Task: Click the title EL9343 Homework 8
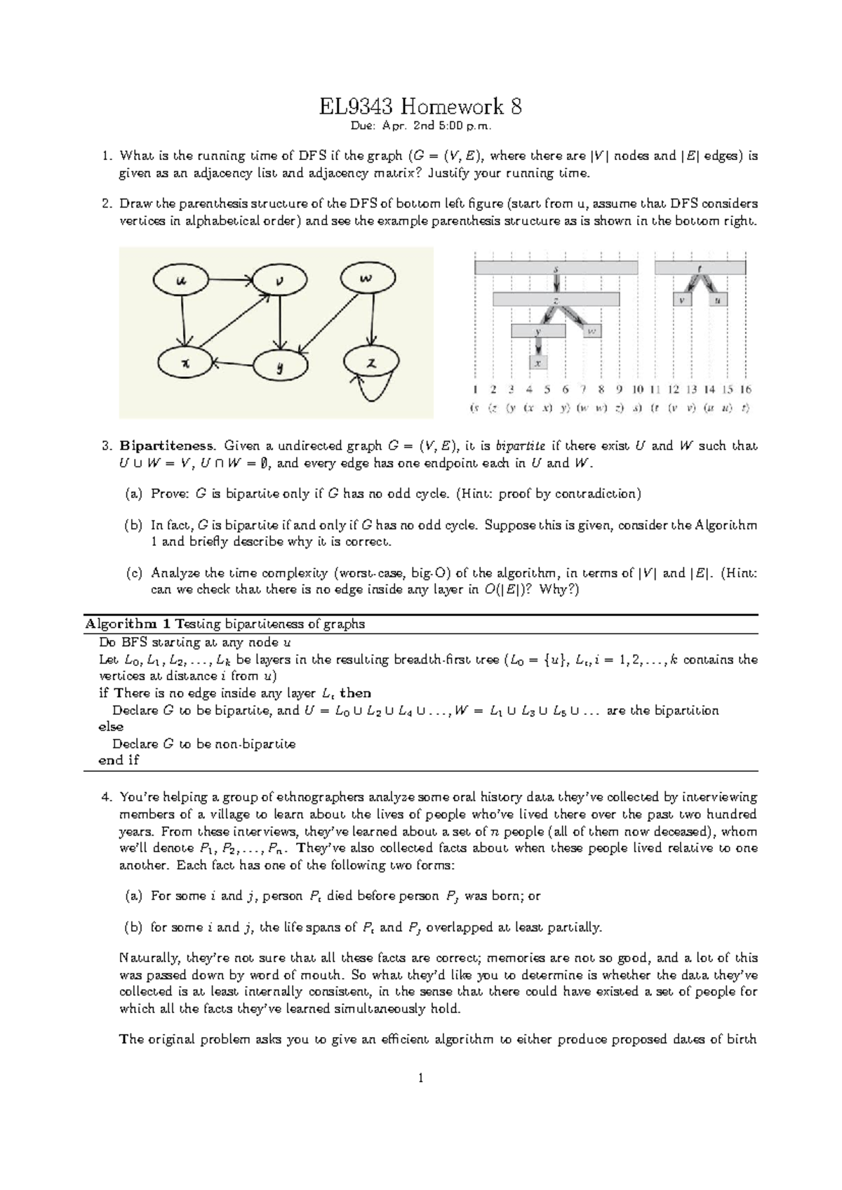(420, 107)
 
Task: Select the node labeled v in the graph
(280, 281)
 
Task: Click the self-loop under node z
(372, 390)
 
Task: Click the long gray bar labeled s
(556, 267)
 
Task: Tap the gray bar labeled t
(700, 267)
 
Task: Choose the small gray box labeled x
(538, 363)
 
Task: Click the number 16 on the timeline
(745, 389)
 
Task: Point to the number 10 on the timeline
(637, 389)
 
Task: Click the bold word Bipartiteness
(166, 446)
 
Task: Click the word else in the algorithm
(111, 727)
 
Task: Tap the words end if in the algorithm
(119, 761)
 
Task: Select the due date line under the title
(420, 127)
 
